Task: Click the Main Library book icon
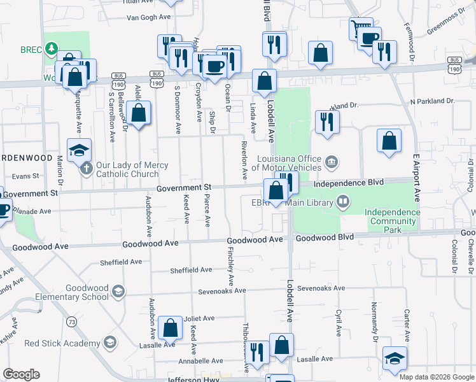pos(343,202)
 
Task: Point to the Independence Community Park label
pos(393,216)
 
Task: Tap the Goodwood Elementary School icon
pos(118,292)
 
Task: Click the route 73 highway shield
pos(73,322)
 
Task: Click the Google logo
pos(21,374)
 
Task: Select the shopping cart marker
pos(361,29)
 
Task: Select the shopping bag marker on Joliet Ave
pos(170,328)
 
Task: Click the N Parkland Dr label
pos(433,101)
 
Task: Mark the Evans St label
pos(26,176)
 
